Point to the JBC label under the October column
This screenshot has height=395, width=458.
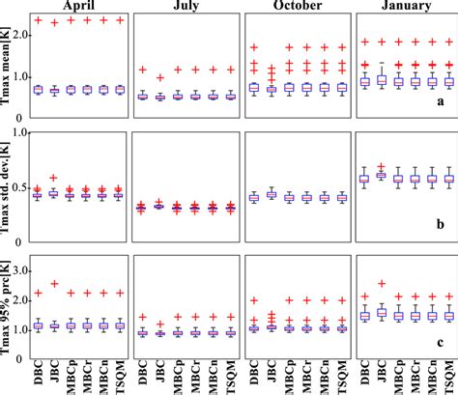click(273, 373)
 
